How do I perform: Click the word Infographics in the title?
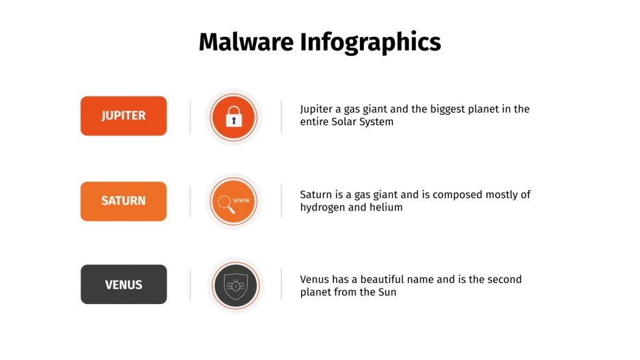coord(370,43)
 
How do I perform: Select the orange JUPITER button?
coord(124,115)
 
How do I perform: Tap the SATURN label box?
coord(124,201)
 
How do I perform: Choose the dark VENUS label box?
coord(124,284)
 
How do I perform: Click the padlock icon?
coord(234,116)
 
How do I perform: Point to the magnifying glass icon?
coord(225,204)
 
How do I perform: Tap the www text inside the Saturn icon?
coord(241,200)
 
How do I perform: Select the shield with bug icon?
coord(234,285)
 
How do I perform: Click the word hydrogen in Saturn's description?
coord(323,207)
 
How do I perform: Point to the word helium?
coord(387,207)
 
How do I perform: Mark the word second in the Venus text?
coord(505,279)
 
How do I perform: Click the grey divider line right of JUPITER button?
coord(190,116)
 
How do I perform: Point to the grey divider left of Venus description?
coord(281,284)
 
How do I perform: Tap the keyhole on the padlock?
coord(234,121)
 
